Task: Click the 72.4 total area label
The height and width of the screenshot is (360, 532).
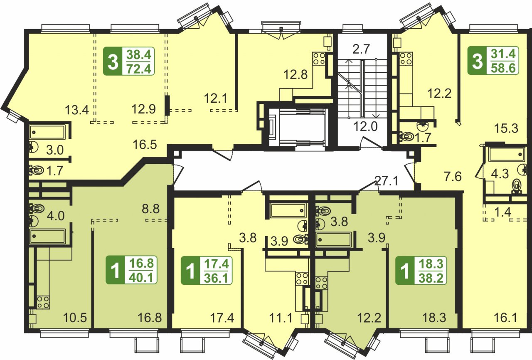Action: click(x=139, y=69)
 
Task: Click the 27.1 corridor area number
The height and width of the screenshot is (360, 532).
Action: click(x=386, y=182)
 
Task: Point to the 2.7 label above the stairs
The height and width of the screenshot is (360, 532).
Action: click(x=361, y=49)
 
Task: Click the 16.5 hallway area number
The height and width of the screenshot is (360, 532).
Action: click(x=145, y=144)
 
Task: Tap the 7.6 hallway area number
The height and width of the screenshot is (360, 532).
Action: click(x=453, y=177)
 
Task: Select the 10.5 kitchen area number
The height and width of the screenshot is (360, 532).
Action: click(x=75, y=318)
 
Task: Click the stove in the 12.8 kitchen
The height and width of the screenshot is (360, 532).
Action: click(x=319, y=59)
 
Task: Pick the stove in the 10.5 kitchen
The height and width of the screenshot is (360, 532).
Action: click(x=43, y=302)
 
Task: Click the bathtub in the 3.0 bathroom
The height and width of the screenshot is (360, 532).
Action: click(x=48, y=132)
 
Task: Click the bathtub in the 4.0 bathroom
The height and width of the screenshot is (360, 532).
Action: click(x=47, y=236)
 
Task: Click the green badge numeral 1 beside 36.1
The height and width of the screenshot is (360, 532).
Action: click(x=190, y=271)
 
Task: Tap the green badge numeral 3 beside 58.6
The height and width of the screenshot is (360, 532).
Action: click(x=477, y=60)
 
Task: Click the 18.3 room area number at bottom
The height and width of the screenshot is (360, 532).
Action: click(x=434, y=318)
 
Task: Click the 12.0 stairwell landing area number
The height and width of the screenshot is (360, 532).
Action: click(x=365, y=126)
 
